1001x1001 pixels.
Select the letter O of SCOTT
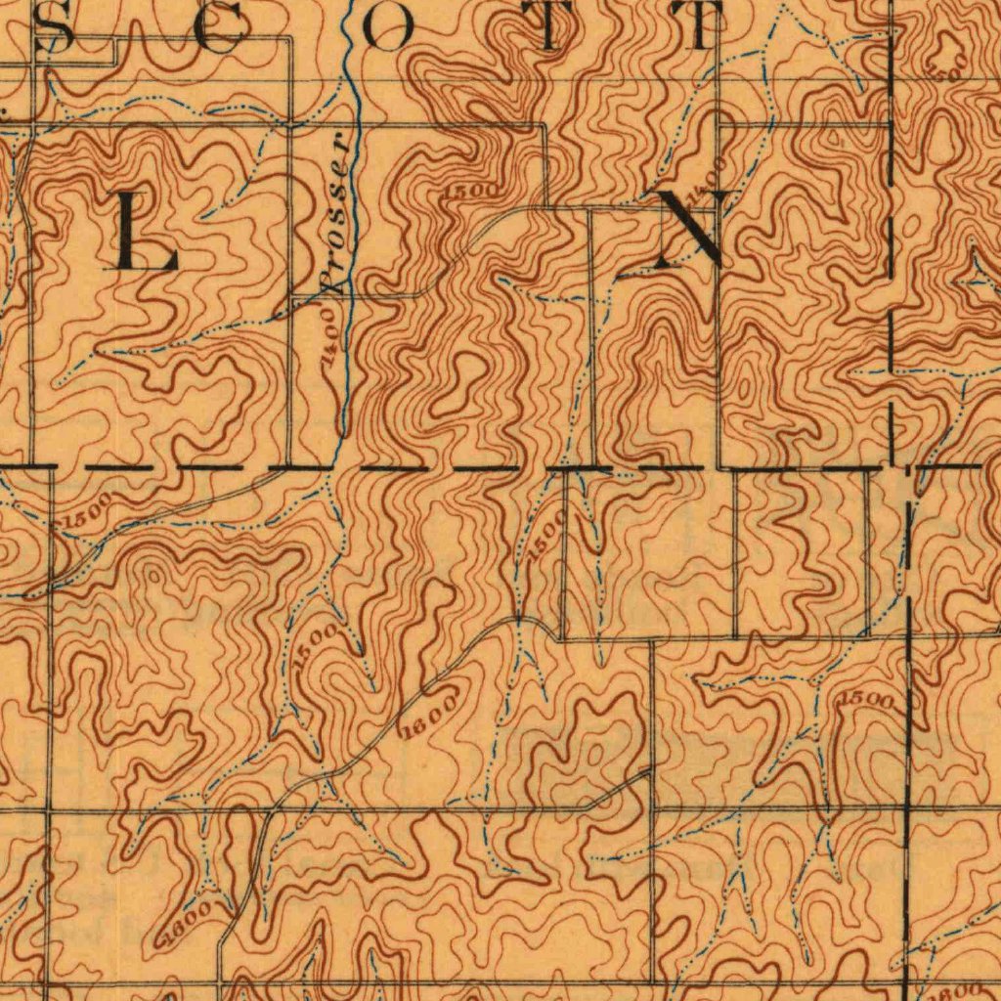pyautogui.click(x=387, y=27)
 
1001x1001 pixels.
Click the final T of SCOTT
pyautogui.click(x=702, y=27)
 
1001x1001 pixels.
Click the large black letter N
pyautogui.click(x=692, y=229)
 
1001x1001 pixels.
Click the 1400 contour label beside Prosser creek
pyautogui.click(x=331, y=333)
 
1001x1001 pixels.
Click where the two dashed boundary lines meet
pyautogui.click(x=892, y=467)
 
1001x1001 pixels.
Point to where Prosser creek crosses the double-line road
pyautogui.click(x=355, y=125)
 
